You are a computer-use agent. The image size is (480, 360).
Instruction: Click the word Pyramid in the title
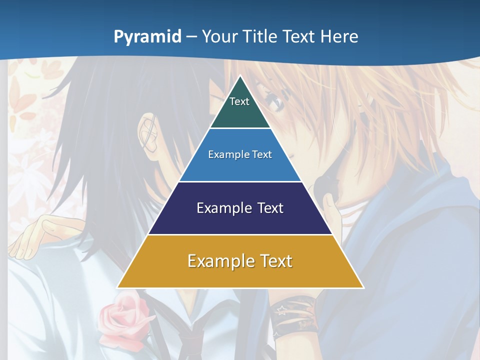click(x=147, y=37)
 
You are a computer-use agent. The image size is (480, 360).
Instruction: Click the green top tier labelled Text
click(x=240, y=107)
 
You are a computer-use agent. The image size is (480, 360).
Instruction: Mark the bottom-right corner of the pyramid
click(x=363, y=287)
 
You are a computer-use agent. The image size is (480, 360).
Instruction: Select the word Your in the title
click(x=219, y=36)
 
